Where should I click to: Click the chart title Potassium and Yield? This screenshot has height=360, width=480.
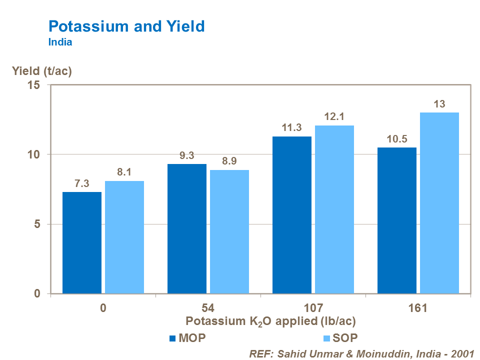coord(126,26)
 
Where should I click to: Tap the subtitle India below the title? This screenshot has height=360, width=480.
coord(60,42)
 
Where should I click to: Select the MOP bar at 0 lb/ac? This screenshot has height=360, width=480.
coord(82,242)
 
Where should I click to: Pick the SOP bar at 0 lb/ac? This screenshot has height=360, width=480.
coord(124,237)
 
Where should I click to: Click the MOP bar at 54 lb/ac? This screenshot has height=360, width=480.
coord(187,228)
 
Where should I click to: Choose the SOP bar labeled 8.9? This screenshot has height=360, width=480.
coord(229,231)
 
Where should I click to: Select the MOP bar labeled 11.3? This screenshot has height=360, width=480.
coord(292,215)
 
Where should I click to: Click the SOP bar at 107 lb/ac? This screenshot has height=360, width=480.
coord(334,209)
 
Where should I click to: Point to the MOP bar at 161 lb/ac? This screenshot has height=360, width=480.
coord(397,220)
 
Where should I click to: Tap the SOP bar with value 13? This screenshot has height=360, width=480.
coord(439,203)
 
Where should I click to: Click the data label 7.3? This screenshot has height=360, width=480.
coord(81,183)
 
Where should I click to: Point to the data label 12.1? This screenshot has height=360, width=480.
coord(334,116)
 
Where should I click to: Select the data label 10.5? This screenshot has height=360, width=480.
coord(397,138)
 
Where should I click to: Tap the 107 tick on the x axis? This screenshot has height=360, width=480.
coord(313,307)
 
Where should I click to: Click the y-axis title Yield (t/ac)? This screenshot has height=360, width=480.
coord(42,71)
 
